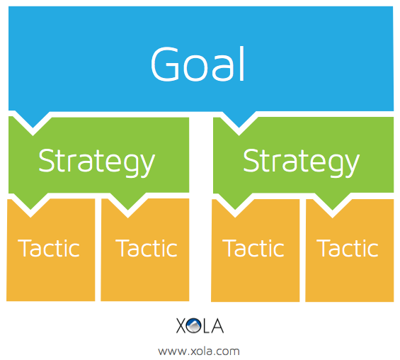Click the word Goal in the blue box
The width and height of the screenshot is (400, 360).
(x=198, y=64)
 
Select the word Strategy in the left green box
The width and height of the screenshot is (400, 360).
(x=97, y=162)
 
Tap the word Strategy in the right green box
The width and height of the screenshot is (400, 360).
(x=302, y=162)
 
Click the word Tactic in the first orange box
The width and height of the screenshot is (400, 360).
(x=49, y=248)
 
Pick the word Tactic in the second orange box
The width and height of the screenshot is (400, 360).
(x=147, y=248)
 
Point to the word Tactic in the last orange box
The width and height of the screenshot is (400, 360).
(x=348, y=248)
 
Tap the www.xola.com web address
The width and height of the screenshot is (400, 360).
(x=199, y=351)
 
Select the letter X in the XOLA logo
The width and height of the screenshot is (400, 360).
(x=181, y=325)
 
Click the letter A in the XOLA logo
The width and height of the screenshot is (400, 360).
(x=217, y=325)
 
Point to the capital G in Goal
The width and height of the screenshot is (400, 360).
(x=165, y=64)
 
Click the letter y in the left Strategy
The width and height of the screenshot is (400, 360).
(x=147, y=165)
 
